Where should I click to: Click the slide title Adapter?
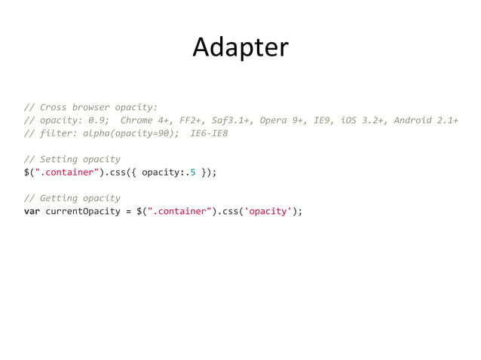click(x=240, y=47)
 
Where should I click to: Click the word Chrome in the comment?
click(x=136, y=121)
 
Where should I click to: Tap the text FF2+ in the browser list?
click(x=191, y=121)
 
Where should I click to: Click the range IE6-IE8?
click(x=210, y=133)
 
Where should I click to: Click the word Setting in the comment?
click(x=59, y=159)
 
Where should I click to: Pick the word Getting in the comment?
click(x=59, y=198)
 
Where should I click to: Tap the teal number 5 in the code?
click(x=193, y=172)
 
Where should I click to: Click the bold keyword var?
click(x=32, y=211)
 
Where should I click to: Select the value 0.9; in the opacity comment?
click(x=99, y=121)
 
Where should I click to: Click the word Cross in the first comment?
click(x=54, y=107)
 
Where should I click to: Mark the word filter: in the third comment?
click(x=59, y=133)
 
